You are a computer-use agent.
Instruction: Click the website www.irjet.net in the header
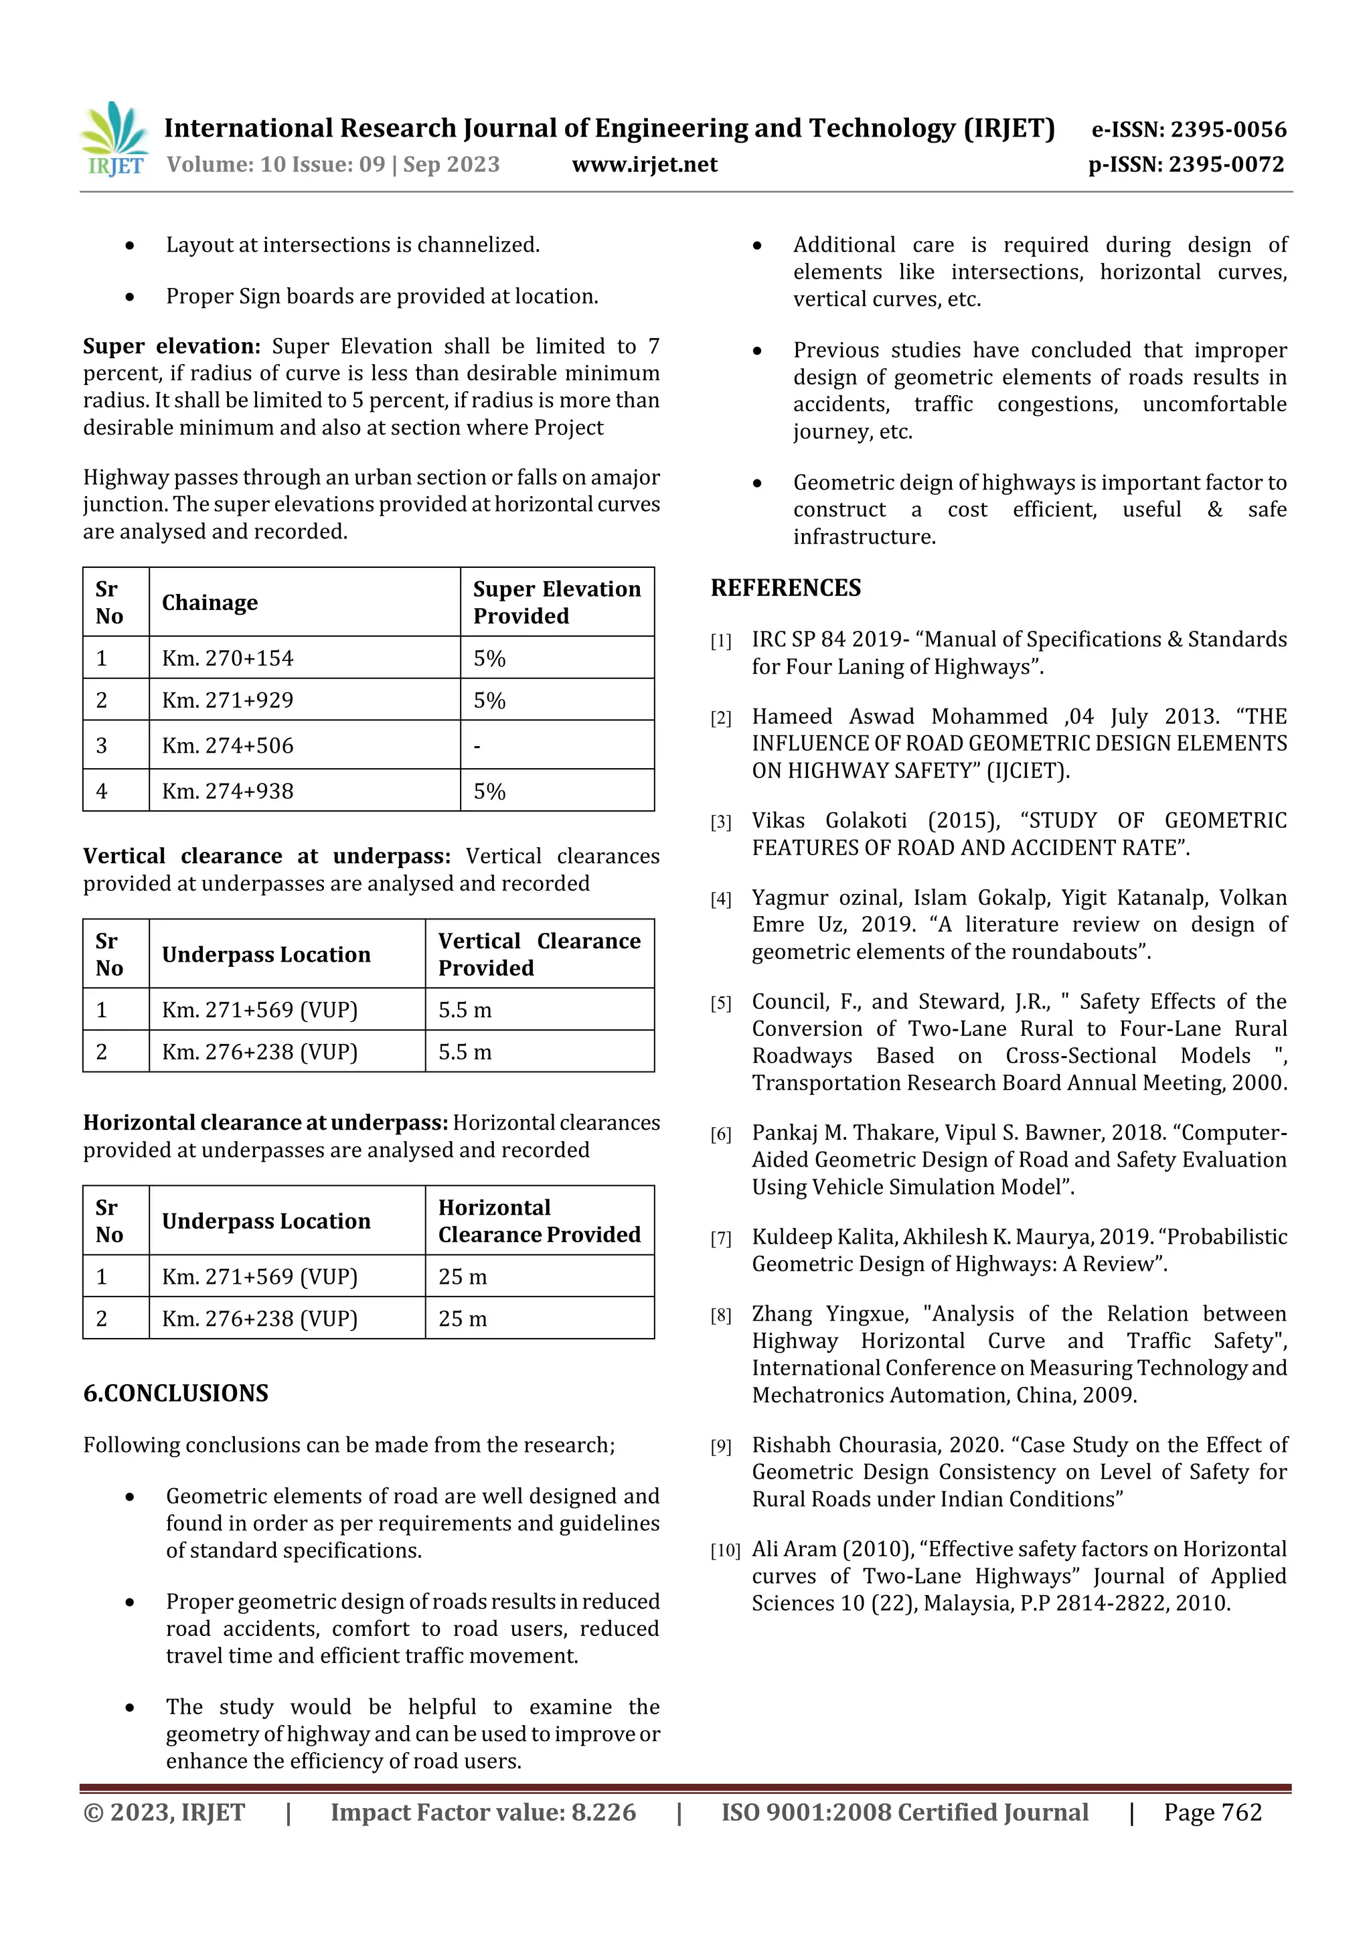645,165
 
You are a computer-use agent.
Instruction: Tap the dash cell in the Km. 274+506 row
477,746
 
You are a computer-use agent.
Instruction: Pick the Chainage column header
210,603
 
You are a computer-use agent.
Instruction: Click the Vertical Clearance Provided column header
538,954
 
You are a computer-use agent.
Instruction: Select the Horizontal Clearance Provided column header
538,1221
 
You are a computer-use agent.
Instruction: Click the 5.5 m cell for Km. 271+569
465,1010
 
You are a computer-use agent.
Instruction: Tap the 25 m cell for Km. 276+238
462,1319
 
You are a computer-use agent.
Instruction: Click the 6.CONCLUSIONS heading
175,1394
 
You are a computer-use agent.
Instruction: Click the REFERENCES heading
786,588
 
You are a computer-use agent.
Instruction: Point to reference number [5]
720,1004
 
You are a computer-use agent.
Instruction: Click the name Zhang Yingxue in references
829,1314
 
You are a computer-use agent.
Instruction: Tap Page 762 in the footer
1212,1812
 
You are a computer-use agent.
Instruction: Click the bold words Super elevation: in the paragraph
171,346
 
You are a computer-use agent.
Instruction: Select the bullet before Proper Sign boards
129,297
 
